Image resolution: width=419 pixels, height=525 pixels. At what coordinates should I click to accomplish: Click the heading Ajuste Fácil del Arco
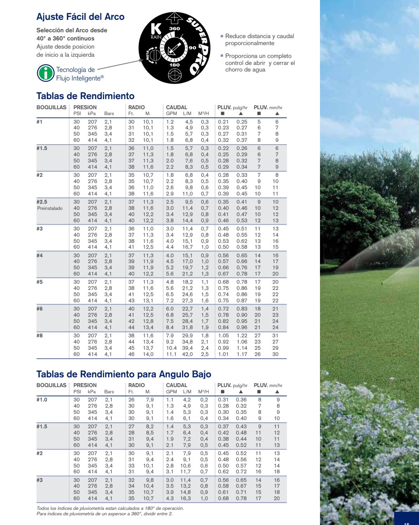(x=80, y=17)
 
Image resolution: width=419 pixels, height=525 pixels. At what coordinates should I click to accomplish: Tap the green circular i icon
(x=45, y=73)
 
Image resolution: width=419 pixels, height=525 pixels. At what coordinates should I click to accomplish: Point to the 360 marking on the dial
(x=174, y=28)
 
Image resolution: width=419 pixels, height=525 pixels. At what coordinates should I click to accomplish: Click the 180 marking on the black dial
(x=174, y=65)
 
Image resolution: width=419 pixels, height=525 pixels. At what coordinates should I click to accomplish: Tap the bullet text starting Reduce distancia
(x=259, y=40)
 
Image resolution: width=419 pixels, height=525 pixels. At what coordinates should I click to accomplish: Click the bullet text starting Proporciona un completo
(x=260, y=63)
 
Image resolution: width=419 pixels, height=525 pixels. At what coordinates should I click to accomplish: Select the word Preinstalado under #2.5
(x=50, y=208)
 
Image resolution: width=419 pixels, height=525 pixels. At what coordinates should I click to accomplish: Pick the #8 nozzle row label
(x=40, y=335)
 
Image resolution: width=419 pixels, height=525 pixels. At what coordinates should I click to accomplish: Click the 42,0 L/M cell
(x=187, y=354)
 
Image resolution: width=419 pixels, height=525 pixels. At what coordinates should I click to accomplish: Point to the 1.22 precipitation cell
(x=242, y=335)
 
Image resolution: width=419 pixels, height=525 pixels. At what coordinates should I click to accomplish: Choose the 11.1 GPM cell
(x=171, y=354)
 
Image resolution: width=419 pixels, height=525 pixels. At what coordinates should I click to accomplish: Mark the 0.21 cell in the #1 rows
(x=223, y=122)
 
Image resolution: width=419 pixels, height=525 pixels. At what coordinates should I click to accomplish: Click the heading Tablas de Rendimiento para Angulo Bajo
(x=124, y=374)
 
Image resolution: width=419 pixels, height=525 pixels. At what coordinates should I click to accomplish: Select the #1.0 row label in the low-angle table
(x=42, y=399)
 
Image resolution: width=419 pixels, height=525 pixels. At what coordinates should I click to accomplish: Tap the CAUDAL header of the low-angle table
(x=177, y=385)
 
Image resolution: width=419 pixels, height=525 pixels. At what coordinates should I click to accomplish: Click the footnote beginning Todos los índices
(x=110, y=508)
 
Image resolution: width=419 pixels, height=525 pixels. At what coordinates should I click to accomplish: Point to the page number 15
(x=407, y=523)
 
